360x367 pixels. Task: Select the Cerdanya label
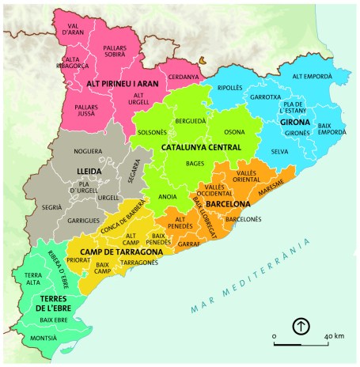(x=183, y=76)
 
